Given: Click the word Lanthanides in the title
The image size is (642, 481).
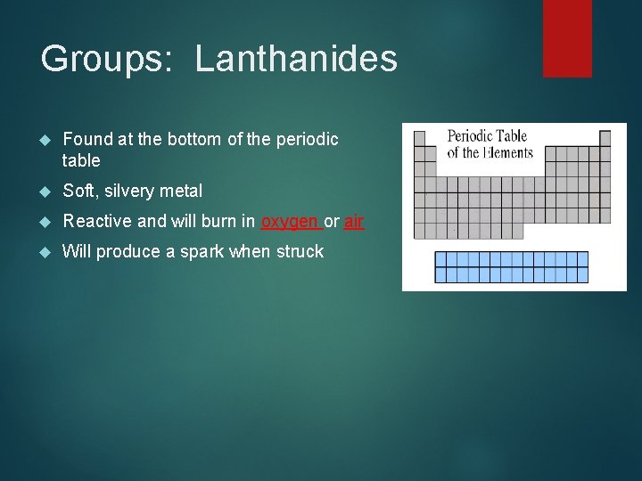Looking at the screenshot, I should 296,59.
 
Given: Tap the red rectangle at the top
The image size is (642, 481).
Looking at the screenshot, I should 567,37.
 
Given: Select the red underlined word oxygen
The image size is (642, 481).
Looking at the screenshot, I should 289,221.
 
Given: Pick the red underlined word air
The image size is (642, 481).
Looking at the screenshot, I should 354,221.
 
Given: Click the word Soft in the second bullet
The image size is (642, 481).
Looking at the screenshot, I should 78,191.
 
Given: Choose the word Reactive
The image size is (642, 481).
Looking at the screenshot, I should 97,221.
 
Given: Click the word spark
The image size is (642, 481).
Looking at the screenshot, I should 202,251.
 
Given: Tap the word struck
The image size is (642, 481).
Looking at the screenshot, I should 300,251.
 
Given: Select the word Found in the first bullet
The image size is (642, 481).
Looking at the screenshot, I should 87,139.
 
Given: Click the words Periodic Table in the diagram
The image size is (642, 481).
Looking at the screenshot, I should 487,136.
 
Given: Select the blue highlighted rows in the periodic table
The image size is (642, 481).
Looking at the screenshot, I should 512,267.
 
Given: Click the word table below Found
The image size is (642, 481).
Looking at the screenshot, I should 81,161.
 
